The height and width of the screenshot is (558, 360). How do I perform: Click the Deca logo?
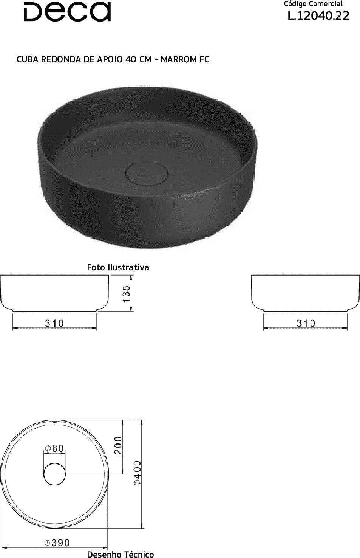[67, 12]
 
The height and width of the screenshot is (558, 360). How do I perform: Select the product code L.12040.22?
[318, 16]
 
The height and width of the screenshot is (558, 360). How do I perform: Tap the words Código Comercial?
[313, 4]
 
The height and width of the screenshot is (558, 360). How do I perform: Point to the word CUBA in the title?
[28, 59]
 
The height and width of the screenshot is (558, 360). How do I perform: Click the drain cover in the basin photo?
[147, 174]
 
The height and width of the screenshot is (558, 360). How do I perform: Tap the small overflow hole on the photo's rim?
[94, 106]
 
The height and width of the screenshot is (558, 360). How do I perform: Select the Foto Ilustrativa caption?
[118, 267]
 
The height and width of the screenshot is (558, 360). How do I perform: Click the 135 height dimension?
[127, 294]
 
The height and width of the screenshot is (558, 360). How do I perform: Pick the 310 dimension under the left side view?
[54, 323]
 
